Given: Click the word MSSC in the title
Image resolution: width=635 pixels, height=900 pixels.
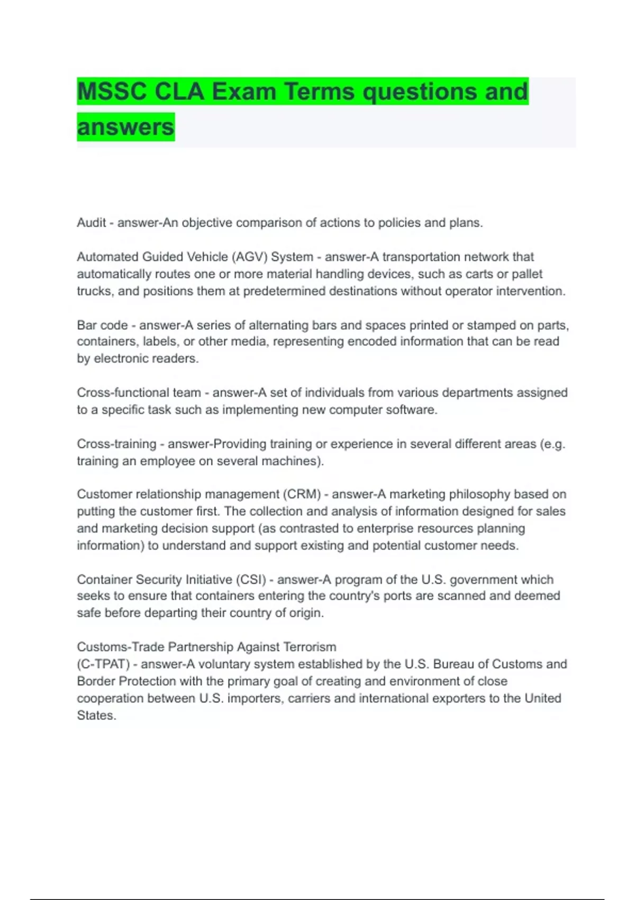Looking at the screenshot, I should pyautogui.click(x=112, y=92).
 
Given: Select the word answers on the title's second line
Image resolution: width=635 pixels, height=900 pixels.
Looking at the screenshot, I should pyautogui.click(x=125, y=127).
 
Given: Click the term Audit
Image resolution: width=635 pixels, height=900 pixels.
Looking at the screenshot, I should pyautogui.click(x=92, y=223).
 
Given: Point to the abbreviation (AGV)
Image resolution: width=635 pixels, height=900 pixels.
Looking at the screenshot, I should pyautogui.click(x=249, y=257).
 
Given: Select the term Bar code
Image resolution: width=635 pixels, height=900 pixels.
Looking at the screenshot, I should pyautogui.click(x=102, y=325).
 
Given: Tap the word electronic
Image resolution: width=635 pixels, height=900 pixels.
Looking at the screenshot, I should pyautogui.click(x=119, y=358).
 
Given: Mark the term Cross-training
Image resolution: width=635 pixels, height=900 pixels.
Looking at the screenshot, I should pyautogui.click(x=116, y=444).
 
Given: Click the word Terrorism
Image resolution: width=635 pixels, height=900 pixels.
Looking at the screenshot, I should pyautogui.click(x=310, y=647).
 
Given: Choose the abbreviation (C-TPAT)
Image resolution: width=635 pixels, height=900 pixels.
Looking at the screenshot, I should pyautogui.click(x=103, y=664).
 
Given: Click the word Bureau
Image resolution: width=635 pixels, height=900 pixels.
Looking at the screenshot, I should pyautogui.click(x=457, y=664).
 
